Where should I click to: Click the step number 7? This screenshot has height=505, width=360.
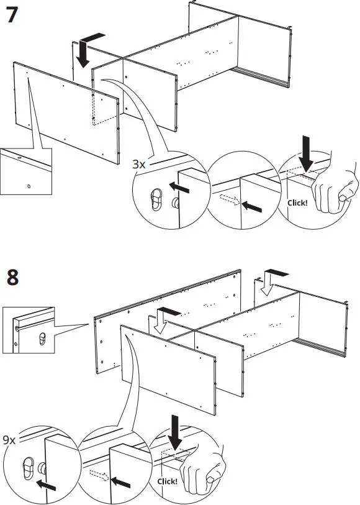[11, 14]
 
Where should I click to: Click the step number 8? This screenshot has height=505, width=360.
[12, 278]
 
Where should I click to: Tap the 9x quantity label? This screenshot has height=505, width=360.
[9, 440]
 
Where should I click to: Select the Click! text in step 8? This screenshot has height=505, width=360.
[168, 481]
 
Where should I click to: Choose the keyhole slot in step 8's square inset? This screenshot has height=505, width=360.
[42, 339]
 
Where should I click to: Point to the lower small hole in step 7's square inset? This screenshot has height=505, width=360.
[29, 184]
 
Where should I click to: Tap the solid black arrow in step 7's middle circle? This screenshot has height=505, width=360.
[252, 205]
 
